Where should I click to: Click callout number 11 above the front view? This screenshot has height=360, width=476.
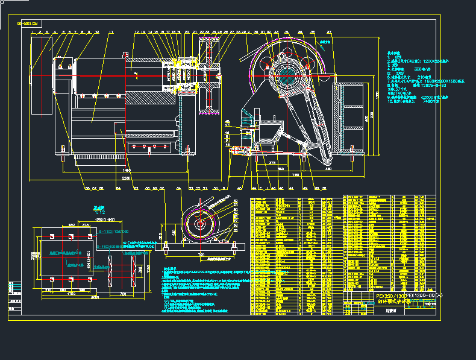111,31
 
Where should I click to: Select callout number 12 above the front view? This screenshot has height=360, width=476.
137,31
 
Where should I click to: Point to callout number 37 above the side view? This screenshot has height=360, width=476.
329,31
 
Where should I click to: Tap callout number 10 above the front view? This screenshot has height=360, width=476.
97,31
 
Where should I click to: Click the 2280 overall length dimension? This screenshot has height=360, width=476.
125,178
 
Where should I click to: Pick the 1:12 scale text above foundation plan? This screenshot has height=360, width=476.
100,212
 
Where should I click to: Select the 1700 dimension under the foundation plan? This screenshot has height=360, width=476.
71,294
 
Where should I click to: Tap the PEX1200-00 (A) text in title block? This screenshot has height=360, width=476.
423,295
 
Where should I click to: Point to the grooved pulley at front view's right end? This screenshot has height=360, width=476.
210,75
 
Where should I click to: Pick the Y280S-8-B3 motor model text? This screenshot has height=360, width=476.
425,85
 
